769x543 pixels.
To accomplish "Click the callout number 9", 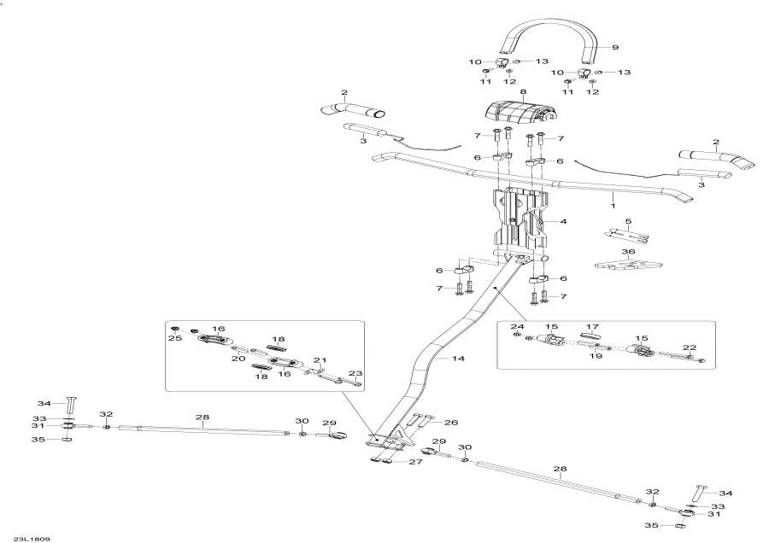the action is pos(615,48).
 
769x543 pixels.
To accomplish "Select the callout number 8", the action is pos(523,91).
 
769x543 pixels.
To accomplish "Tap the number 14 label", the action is pos(458,359).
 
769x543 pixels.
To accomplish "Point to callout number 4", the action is pos(564,221).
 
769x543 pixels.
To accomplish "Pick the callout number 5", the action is pos(628,221).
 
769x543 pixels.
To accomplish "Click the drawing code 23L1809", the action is pos(32,539).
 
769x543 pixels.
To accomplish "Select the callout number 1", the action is pos(613,207).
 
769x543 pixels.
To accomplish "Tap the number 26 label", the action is pos(451,422).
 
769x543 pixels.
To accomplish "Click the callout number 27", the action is pos(414,462).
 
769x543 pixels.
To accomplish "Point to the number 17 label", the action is pos(592,326).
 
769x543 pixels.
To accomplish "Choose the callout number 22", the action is pos(690,347).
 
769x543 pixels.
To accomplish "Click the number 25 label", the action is pos(175,338).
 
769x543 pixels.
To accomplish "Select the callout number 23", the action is pos(355,372).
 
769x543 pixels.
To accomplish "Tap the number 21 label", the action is pos(320,360).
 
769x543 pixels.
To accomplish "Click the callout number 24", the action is pos(518,326).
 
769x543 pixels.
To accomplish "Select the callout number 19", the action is pos(596,356).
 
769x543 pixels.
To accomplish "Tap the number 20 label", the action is pos(238,359).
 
